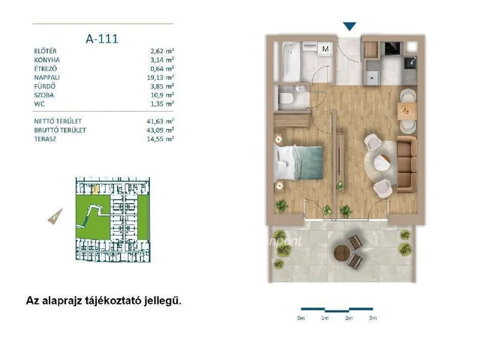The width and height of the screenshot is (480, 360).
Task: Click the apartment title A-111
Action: click(x=102, y=39)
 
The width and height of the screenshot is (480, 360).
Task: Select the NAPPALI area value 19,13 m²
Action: click(x=160, y=77)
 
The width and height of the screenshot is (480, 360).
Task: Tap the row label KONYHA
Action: click(x=46, y=60)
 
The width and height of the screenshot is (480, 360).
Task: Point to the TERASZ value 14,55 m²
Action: click(x=160, y=139)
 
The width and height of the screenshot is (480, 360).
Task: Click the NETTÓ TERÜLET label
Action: click(x=58, y=121)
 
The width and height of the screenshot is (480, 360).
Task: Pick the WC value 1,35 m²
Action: click(x=162, y=104)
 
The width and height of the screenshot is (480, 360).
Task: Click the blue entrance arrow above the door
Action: click(x=349, y=26)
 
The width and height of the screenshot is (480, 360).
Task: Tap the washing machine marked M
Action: click(x=325, y=49)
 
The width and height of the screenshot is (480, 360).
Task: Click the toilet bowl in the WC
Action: click(x=286, y=98)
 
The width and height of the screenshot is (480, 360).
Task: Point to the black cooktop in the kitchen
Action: click(x=394, y=49)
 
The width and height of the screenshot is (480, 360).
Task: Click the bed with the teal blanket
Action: click(x=299, y=163)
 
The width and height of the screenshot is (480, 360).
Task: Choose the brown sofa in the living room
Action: click(x=406, y=164)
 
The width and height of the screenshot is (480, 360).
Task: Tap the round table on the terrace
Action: click(x=342, y=253)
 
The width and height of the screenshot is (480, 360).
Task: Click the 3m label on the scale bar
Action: click(x=373, y=318)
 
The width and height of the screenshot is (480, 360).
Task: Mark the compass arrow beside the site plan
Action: click(x=55, y=216)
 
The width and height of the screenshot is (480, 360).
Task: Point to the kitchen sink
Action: click(x=410, y=63)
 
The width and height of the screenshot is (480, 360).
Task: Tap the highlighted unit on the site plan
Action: click(x=96, y=190)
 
